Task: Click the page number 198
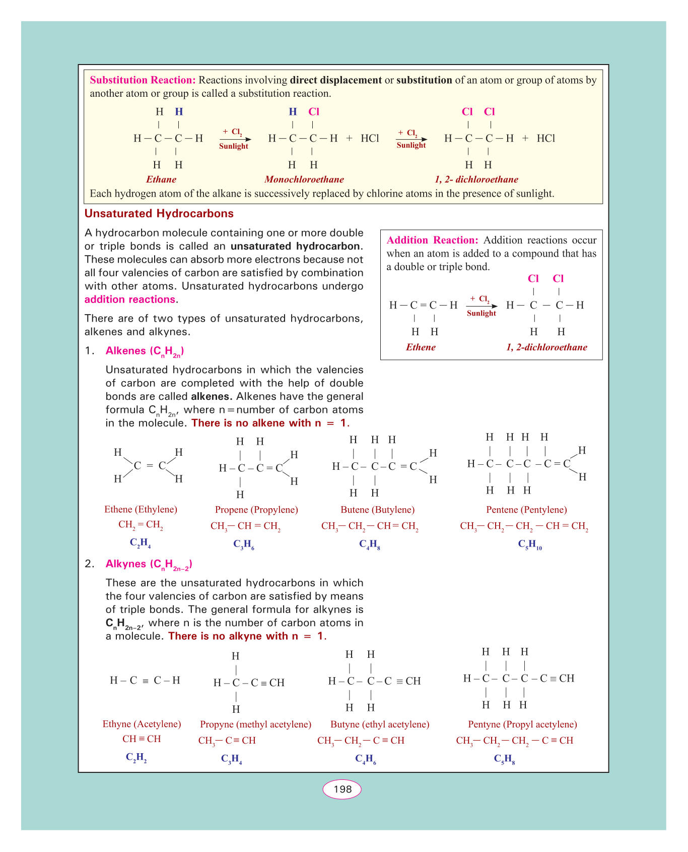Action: tap(342, 789)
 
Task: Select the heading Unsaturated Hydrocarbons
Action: tap(159, 214)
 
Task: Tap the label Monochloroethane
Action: tap(304, 179)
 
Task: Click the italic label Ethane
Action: tap(161, 179)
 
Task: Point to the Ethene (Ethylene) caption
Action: tap(141, 510)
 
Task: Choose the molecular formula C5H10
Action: tap(530, 544)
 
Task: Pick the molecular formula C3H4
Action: tap(232, 759)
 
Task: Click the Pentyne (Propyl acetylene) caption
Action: tap(522, 724)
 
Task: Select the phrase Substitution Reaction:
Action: tap(143, 80)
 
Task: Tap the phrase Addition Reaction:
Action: tap(432, 240)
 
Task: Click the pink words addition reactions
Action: tap(130, 299)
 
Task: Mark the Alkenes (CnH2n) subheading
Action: tap(145, 351)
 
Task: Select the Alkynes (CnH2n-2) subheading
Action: tap(149, 565)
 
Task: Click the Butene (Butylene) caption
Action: tap(377, 510)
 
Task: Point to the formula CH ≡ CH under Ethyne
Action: tap(142, 739)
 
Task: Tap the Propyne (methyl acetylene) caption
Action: tap(255, 724)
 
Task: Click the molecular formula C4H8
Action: tap(370, 544)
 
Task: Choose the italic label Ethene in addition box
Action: tap(421, 347)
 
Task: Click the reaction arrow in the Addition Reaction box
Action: tap(481, 306)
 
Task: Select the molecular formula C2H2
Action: tap(136, 758)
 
